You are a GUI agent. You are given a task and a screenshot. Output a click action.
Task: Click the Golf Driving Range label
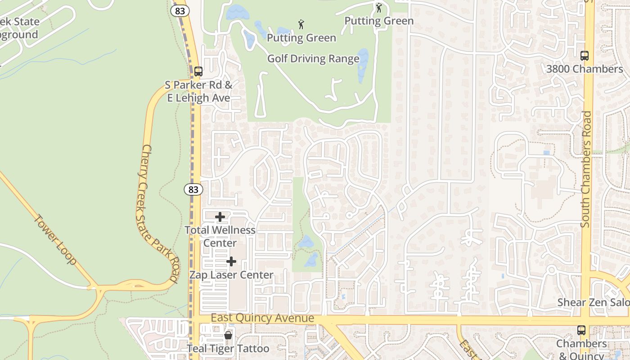tap(313, 58)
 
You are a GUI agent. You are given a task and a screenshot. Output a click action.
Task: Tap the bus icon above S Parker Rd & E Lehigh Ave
tap(198, 71)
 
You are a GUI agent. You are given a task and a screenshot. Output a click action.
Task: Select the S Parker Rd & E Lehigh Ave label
tap(198, 91)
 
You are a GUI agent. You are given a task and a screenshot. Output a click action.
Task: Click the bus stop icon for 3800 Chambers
tap(584, 56)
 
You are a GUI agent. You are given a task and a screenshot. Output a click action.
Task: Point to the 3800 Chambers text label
tap(584, 69)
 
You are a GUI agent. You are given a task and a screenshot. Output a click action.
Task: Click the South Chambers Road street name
tap(585, 169)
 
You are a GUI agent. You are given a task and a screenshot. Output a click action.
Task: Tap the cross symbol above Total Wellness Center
tap(220, 217)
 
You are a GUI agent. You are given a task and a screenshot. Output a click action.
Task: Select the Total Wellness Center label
tap(220, 236)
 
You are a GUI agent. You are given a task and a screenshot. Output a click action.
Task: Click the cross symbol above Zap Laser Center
tap(231, 261)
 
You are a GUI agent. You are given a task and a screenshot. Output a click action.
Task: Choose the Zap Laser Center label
tap(231, 275)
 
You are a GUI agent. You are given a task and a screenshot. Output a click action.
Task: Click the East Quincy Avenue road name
tap(262, 318)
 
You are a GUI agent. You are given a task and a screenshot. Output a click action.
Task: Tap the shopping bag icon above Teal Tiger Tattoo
tap(228, 335)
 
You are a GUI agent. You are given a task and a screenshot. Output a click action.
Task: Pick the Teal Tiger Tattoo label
tap(228, 349)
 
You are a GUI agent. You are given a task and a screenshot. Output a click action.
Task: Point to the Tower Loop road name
tap(55, 239)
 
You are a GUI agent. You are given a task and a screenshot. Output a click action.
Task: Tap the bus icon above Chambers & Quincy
tap(581, 330)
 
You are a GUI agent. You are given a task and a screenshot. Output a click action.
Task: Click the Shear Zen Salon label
tap(593, 302)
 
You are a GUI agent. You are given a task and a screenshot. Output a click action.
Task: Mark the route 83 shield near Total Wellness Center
tap(193, 189)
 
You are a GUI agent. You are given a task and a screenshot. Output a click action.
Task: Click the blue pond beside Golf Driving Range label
tap(362, 65)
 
